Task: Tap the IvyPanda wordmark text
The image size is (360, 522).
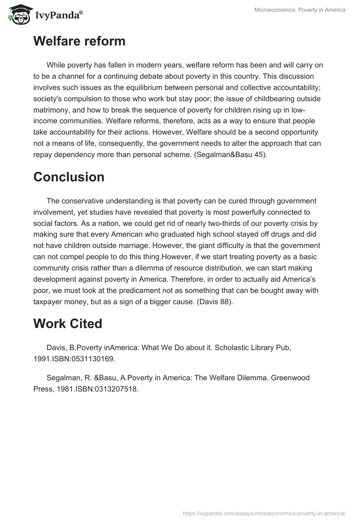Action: (x=58, y=15)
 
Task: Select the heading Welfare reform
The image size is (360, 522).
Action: (x=79, y=41)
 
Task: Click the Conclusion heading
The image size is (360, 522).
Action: (x=69, y=177)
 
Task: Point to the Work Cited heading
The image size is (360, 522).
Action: (x=67, y=323)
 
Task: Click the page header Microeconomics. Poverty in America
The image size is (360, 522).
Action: (x=299, y=10)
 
